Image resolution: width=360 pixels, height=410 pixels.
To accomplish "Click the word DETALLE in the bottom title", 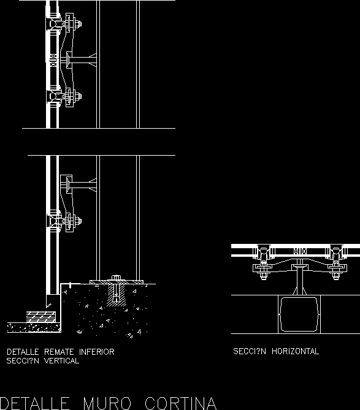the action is tap(35, 403).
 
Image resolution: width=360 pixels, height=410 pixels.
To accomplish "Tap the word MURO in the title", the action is tap(107, 403).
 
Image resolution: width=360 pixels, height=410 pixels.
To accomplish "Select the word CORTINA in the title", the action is tap(181, 403).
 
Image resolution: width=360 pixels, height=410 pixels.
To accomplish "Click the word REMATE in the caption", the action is tap(59, 352).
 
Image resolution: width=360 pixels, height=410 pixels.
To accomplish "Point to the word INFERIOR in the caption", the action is tap(97, 352).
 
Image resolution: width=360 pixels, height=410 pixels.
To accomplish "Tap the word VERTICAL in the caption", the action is tap(61, 361).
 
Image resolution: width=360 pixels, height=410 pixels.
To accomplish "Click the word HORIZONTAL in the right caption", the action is tap(295, 351).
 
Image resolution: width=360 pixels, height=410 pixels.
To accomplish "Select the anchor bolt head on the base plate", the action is tap(116, 278).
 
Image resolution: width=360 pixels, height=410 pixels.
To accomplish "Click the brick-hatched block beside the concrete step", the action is tap(41, 317).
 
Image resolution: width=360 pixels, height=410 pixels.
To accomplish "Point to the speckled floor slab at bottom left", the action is tap(34, 328).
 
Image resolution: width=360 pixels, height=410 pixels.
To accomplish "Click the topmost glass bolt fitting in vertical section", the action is tap(64, 24).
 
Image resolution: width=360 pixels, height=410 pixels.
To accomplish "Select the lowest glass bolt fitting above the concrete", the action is tap(64, 221).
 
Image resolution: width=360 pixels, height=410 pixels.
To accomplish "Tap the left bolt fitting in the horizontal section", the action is tap(263, 262).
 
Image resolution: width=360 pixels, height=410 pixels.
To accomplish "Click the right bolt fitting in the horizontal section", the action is tap(336, 262).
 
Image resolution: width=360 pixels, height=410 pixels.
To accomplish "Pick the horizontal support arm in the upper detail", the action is tap(82, 60).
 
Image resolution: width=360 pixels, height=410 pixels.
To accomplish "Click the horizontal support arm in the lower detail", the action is tap(82, 184).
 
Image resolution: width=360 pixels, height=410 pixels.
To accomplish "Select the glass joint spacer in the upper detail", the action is tap(53, 60).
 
